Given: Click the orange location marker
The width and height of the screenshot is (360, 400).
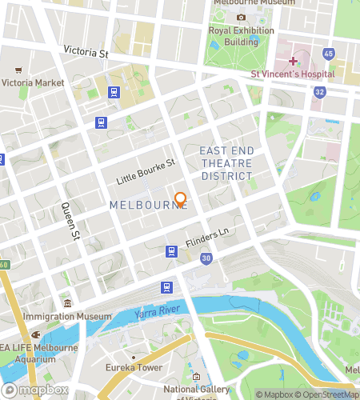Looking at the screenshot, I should (180, 199).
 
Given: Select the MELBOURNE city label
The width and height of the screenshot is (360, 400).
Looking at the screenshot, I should (148, 205).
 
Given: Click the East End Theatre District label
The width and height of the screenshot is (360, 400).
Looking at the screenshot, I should (226, 163).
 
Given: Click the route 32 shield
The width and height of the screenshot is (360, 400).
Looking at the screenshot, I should (320, 92).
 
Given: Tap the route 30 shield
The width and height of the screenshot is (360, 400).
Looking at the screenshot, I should (206, 258).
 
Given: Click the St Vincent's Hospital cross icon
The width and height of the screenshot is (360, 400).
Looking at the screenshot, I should (294, 61).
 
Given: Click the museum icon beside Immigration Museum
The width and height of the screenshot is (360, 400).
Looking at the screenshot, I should (68, 304).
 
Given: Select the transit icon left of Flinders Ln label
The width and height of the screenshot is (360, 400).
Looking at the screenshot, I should (171, 251).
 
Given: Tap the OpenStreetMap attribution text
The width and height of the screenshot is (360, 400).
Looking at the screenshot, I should (328, 394).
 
